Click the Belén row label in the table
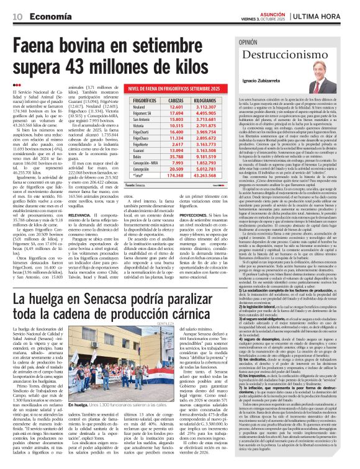click(138, 157)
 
